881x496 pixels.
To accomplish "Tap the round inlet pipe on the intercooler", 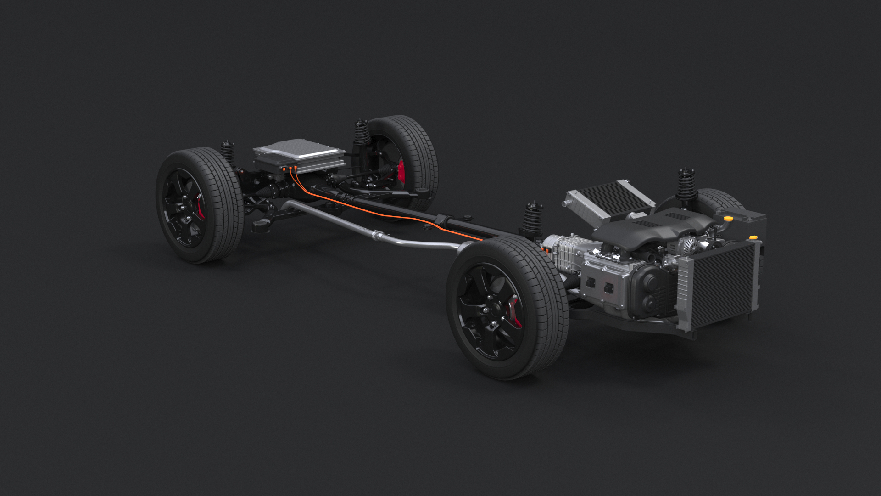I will point(569,201).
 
